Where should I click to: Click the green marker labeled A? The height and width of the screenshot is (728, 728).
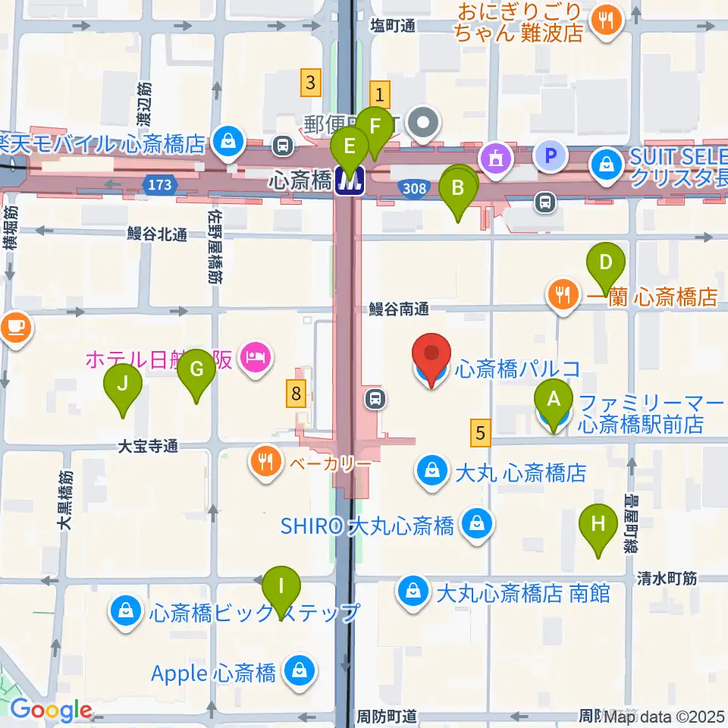[x=554, y=399]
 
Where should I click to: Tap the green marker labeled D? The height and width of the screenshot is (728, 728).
[x=605, y=262]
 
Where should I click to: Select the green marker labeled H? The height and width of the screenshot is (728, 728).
[x=598, y=524]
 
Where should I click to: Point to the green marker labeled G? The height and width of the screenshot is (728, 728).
[x=196, y=370]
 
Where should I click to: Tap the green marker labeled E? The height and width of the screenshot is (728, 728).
[x=350, y=144]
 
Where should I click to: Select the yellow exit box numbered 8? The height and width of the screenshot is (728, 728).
[x=297, y=393]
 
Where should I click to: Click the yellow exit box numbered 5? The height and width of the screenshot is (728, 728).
[x=480, y=433]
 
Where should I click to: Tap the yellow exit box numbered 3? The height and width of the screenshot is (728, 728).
[x=309, y=80]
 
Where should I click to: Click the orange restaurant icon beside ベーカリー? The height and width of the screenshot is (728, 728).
[x=265, y=461]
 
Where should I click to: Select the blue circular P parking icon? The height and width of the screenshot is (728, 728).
[x=551, y=157]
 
